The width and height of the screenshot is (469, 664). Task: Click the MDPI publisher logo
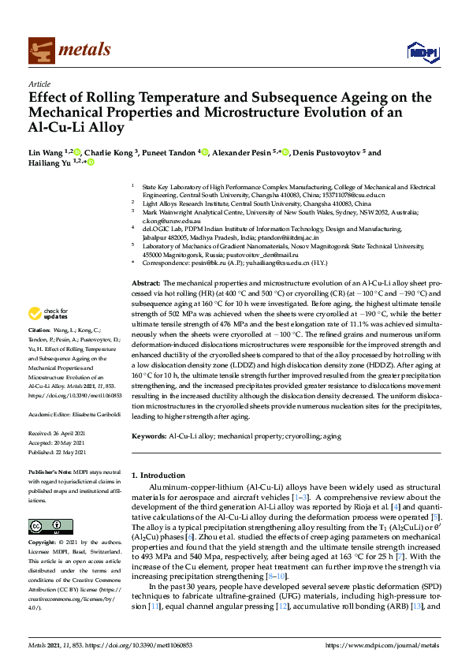point(421,52)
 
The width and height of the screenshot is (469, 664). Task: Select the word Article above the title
point(39,83)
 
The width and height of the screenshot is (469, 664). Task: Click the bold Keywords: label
point(150,436)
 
